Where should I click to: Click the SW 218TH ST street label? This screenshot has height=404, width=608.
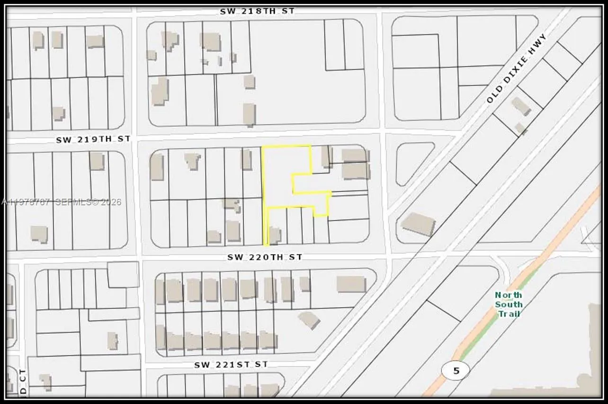pyautogui.click(x=257, y=10)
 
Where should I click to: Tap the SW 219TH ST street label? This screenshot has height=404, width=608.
pyautogui.click(x=93, y=139)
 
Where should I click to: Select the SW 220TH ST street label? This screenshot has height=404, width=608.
pyautogui.click(x=264, y=257)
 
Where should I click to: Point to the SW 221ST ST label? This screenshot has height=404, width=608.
pyautogui.click(x=231, y=365)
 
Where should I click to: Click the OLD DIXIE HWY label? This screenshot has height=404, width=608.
pyautogui.click(x=517, y=68)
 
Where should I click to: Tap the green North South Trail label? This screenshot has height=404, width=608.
pyautogui.click(x=509, y=304)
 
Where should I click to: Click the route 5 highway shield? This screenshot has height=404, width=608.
pyautogui.click(x=456, y=370)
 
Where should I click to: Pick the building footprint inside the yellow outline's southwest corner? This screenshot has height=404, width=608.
pyautogui.click(x=275, y=235)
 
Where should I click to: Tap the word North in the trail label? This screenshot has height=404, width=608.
pyautogui.click(x=509, y=295)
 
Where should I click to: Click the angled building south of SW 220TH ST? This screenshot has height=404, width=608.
pyautogui.click(x=309, y=320)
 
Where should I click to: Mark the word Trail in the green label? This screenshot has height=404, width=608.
pyautogui.click(x=509, y=314)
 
